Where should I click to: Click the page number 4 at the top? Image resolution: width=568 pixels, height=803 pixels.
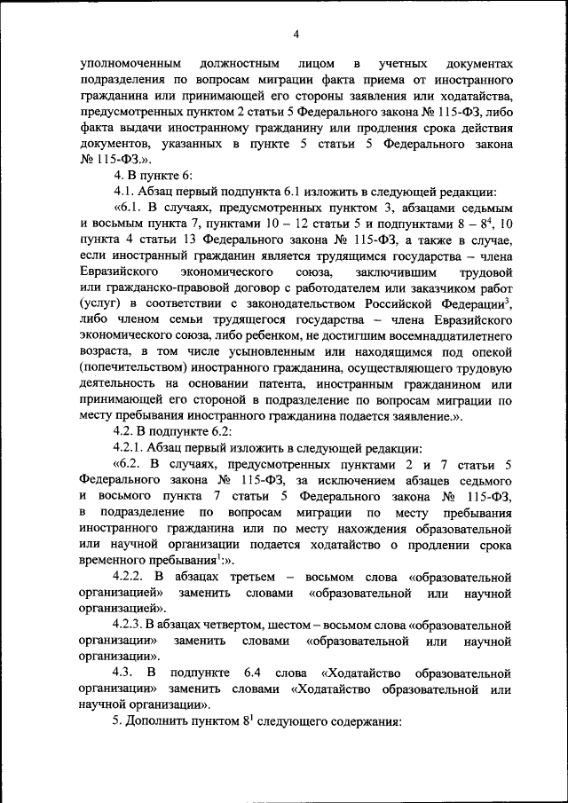(x=296, y=33)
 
